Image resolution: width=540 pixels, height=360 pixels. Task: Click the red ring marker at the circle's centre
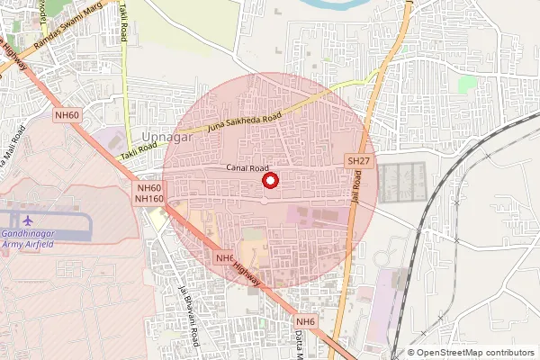tap(268, 181)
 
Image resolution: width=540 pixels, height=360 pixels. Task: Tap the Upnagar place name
tap(162, 137)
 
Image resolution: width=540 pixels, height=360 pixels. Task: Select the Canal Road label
tap(247, 168)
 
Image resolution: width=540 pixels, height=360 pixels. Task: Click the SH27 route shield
tap(358, 160)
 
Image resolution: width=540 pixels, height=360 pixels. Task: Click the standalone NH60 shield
tap(67, 114)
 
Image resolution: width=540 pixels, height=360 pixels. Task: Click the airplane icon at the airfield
tap(27, 220)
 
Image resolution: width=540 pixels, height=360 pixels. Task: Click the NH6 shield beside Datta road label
tap(307, 321)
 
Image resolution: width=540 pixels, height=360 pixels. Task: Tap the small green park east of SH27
tap(466, 84)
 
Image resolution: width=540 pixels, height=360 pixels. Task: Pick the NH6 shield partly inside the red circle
tap(226, 257)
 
